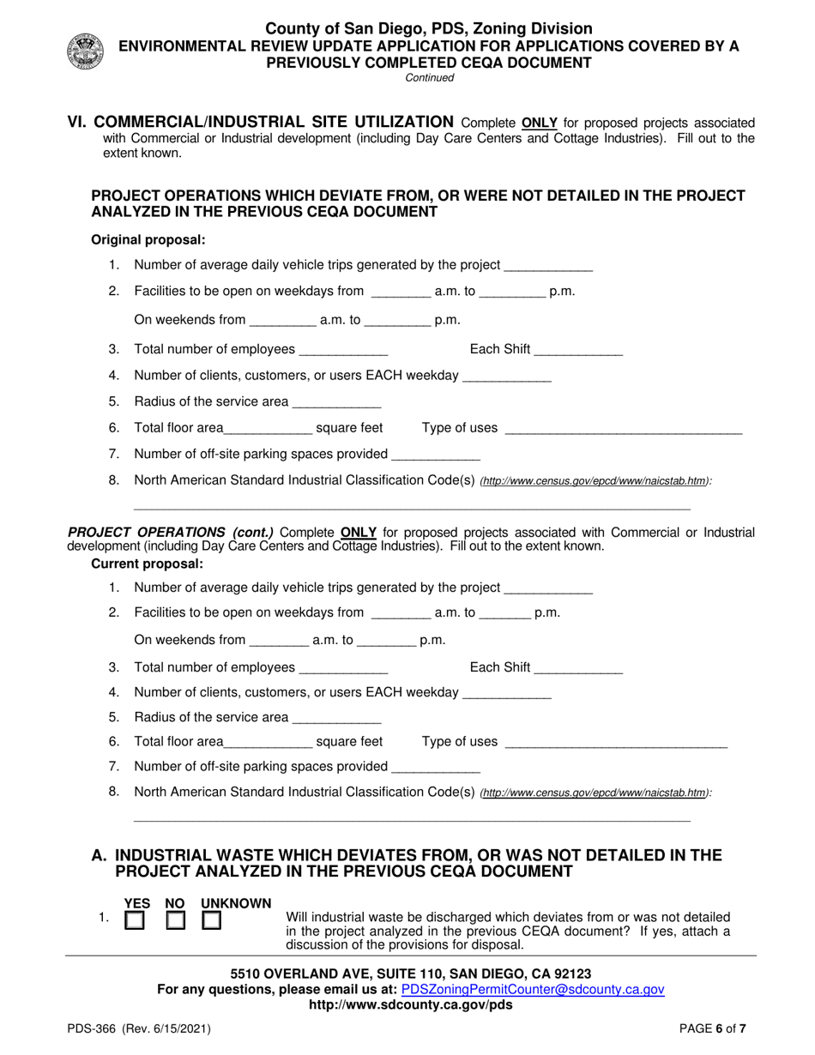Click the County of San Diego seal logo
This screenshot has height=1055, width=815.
pyautogui.click(x=83, y=51)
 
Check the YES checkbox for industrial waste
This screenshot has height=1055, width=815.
pyautogui.click(x=136, y=921)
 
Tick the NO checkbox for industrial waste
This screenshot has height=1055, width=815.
pyautogui.click(x=175, y=921)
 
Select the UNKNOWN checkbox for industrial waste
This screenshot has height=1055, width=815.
pyautogui.click(x=212, y=921)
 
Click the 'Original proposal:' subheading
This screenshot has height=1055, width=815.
pyautogui.click(x=148, y=239)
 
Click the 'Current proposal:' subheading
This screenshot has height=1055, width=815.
pyautogui.click(x=147, y=564)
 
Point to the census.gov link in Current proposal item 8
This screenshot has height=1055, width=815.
pyautogui.click(x=595, y=793)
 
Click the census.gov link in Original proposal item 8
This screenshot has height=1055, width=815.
pyautogui.click(x=595, y=482)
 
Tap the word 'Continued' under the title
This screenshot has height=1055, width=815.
pyautogui.click(x=429, y=77)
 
